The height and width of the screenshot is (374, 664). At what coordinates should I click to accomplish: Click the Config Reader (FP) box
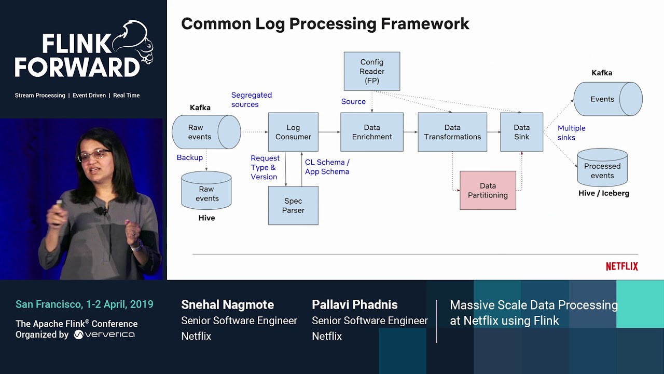tap(371, 71)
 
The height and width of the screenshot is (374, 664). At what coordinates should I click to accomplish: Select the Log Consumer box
tap(293, 132)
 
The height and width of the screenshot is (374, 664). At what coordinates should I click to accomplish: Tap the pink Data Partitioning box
tap(488, 190)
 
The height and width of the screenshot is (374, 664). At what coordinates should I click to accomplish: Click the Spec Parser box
tap(293, 206)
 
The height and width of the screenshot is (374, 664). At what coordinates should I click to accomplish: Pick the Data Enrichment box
tap(371, 132)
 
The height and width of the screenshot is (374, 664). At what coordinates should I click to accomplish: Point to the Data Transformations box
tap(452, 132)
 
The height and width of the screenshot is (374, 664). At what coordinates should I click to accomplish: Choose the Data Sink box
tap(521, 132)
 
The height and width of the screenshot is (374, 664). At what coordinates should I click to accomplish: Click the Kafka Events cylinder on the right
tap(607, 99)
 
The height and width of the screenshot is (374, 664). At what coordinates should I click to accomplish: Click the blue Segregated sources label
tap(251, 100)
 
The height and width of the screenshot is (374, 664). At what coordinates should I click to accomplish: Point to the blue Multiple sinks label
tap(571, 133)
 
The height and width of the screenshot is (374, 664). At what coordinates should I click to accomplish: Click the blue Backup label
tap(189, 157)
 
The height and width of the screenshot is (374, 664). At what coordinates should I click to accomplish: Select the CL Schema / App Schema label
tap(327, 167)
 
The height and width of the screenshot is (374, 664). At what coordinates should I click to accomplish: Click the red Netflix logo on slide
tap(621, 266)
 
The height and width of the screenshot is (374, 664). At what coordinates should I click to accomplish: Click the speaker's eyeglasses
tap(94, 155)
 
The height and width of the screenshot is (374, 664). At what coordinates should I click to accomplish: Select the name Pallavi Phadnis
tap(354, 305)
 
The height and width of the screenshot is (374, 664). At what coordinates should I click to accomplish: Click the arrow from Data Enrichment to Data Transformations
tap(410, 132)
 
